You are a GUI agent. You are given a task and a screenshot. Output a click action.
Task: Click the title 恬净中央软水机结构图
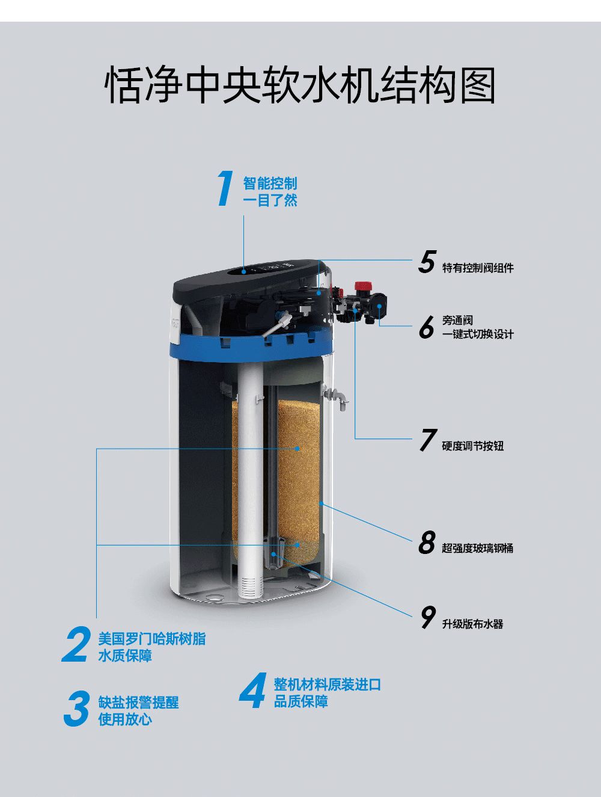pos(300,86)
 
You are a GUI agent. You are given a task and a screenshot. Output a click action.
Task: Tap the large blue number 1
pos(225,188)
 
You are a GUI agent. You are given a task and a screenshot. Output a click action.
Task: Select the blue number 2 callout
pos(76,644)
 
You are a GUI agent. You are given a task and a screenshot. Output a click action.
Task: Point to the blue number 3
pos(76,709)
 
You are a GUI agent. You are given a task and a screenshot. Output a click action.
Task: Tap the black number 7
pos(428,440)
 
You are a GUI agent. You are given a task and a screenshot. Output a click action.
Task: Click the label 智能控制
pos(270,183)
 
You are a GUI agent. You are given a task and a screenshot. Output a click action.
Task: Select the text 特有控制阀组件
pos(478,268)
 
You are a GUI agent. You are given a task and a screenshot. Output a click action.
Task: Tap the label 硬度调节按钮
pos(472,446)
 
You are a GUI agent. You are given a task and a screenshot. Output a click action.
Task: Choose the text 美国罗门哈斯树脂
pos(152,639)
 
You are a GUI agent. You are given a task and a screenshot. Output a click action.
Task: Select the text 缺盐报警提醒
pos(138,702)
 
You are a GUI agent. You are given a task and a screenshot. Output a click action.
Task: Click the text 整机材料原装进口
pos(327,685)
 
